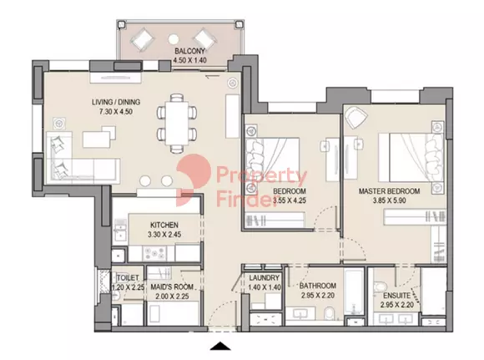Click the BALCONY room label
point(189,51)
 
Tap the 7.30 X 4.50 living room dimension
point(116,112)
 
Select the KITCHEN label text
point(164,225)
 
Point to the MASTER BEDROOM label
point(389,191)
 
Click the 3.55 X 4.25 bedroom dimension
point(290,200)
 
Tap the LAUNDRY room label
point(265,278)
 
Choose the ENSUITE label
point(397,296)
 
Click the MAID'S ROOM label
point(172,287)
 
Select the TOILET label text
point(128,278)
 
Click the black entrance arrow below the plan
point(220,346)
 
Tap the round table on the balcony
point(173,39)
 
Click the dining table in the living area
point(177,123)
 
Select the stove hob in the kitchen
point(154,254)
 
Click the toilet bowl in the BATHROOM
point(330,313)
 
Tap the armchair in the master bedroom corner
point(356,117)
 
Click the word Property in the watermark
point(261,176)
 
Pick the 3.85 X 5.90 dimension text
point(389,200)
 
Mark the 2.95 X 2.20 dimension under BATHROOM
point(318,296)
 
